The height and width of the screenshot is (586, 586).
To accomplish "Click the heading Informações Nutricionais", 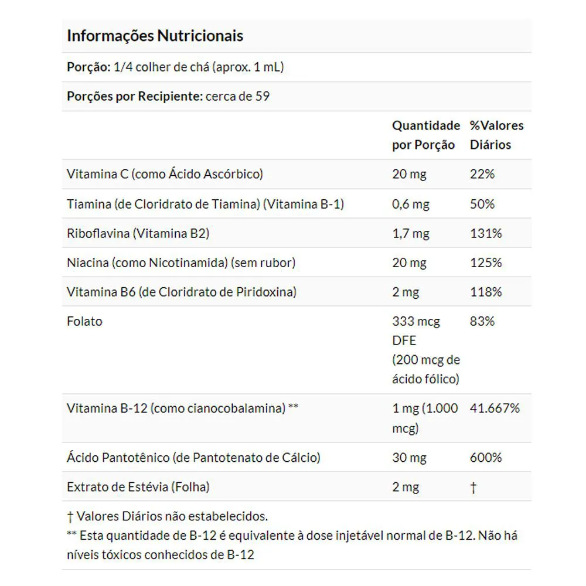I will click(x=155, y=36).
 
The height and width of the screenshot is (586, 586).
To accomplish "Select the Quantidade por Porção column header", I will click(x=426, y=135).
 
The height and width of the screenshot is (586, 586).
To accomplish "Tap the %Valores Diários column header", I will click(x=496, y=135).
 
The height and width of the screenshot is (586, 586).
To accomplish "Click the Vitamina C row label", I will click(x=165, y=174).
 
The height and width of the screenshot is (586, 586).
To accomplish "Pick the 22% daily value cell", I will click(x=482, y=174).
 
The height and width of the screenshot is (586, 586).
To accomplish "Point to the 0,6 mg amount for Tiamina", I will click(x=411, y=204).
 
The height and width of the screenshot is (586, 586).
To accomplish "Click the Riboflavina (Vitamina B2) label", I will click(x=138, y=233).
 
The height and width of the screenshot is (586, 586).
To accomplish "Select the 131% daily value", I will click(x=486, y=233).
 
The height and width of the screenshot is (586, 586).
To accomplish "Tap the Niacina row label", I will click(x=181, y=263).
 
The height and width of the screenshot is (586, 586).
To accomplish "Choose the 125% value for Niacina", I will click(x=486, y=263).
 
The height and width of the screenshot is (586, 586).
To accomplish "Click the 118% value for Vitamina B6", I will click(x=486, y=292).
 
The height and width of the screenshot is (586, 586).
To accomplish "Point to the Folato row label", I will click(x=84, y=321).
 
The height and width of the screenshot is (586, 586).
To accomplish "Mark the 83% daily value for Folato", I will click(x=482, y=321).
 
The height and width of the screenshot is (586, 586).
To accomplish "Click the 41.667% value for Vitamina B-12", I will click(x=495, y=408).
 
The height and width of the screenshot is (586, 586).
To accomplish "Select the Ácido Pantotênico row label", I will click(x=193, y=457).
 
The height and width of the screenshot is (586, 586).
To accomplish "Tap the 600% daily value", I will click(x=486, y=457).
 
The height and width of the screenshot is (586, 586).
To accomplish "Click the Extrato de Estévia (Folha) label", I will click(x=138, y=486).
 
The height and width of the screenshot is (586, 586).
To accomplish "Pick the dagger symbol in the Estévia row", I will click(x=473, y=487).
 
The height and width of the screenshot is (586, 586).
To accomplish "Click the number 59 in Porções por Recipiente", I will click(x=263, y=96).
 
